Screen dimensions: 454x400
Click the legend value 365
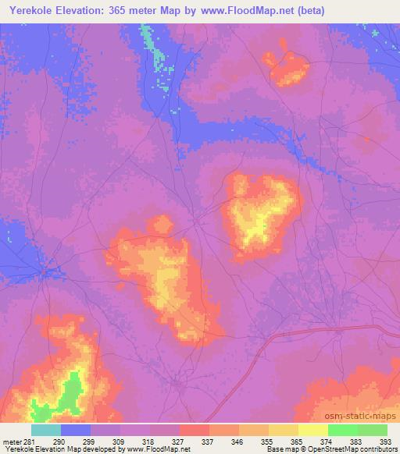[298, 442]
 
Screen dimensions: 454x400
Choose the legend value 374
[327, 442]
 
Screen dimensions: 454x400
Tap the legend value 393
[385, 442]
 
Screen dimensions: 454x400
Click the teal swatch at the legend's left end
[45, 430]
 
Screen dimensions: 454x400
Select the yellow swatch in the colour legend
[312, 430]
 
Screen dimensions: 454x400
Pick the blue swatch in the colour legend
[75, 430]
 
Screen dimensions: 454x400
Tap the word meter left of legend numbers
[14, 442]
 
